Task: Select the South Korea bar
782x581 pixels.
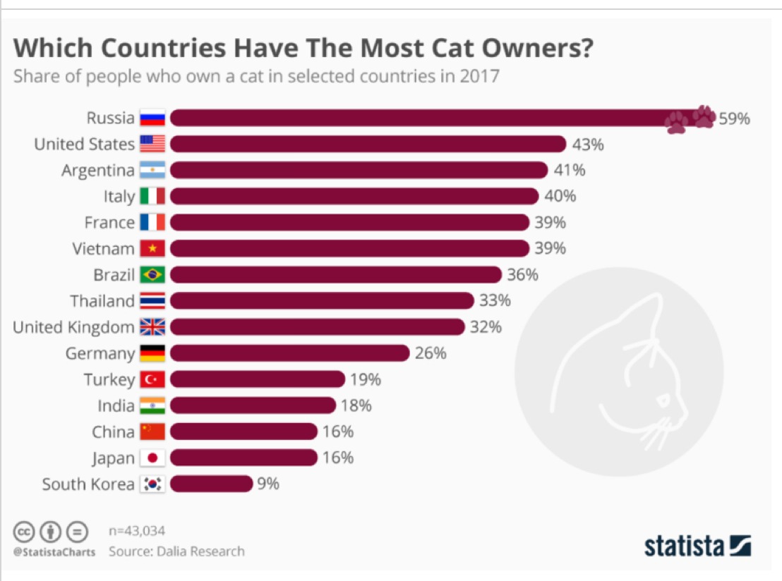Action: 210,484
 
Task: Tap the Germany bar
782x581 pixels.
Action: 289,353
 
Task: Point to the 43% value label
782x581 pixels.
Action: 588,145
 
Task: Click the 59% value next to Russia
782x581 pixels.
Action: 734,118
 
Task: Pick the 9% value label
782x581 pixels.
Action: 268,484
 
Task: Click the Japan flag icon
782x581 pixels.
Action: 152,458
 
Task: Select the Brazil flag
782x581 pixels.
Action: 152,275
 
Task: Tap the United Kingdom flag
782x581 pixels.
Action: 152,327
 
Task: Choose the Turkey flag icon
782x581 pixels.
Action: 152,379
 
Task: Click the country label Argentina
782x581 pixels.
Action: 97,171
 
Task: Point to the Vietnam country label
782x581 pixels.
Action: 103,249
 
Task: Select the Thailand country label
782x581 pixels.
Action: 102,301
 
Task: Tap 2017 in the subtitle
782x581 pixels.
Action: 480,76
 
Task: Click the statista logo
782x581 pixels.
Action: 697,546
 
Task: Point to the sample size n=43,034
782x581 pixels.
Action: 137,530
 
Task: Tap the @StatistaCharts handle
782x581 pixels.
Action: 54,552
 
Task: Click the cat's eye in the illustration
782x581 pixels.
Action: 663,401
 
